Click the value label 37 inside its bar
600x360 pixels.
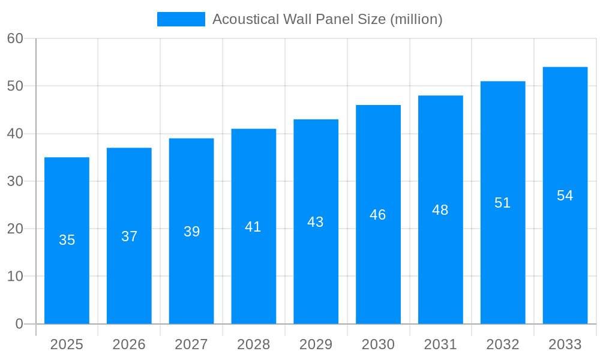[130, 236]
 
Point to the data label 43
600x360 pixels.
[316, 222]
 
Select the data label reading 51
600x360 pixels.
[503, 203]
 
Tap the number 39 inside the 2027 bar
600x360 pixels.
[192, 232]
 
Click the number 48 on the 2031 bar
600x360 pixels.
[440, 210]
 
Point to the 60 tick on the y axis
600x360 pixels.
[15, 38]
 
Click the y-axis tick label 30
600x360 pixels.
[15, 181]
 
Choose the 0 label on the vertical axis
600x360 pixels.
[19, 324]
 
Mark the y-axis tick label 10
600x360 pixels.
[15, 277]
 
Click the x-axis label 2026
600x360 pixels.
[129, 344]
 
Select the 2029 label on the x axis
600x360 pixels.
[316, 344]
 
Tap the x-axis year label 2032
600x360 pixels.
[503, 344]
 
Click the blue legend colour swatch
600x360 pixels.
[181, 19]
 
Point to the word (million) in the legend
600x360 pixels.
[416, 19]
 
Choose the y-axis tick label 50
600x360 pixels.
[15, 86]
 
